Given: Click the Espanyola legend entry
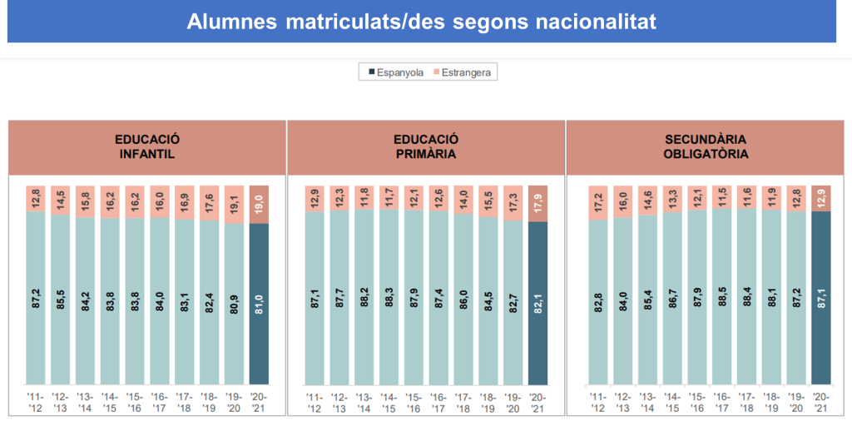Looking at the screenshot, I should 395,72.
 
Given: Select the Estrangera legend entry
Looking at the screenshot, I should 461,72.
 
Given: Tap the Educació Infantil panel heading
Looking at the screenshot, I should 147,147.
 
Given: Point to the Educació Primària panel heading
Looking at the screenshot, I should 426,147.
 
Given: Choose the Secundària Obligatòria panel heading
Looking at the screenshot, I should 706,147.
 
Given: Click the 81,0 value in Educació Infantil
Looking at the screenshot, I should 260,300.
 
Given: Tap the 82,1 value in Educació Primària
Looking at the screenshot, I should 538,300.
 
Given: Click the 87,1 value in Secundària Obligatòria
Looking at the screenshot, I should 820,300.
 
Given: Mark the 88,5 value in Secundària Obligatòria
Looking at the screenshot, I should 721,300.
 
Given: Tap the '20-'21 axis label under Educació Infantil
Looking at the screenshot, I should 260,402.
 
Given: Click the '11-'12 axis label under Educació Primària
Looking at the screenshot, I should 314,402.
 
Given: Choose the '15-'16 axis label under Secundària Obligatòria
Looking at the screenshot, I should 696,402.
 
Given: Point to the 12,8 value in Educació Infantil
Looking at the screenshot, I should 35,197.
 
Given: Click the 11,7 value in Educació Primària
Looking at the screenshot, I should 389,196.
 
